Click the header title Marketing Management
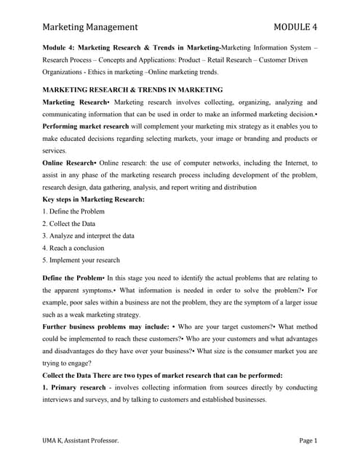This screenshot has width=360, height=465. [x=89, y=27]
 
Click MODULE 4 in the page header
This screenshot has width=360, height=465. [x=296, y=27]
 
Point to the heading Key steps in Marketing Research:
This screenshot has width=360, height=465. [x=94, y=199]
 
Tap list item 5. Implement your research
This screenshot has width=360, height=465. [x=81, y=260]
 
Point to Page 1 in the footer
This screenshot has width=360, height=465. [x=309, y=440]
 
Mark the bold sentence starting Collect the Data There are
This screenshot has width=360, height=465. [x=163, y=375]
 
